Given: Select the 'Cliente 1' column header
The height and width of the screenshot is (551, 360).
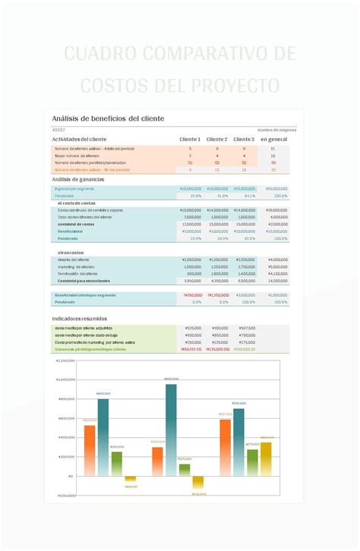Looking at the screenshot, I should [x=189, y=140].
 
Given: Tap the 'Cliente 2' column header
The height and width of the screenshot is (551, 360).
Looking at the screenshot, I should [x=216, y=140].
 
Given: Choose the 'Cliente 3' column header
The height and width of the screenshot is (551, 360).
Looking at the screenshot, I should [x=244, y=140].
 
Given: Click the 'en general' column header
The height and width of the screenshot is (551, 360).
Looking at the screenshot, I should [x=273, y=140].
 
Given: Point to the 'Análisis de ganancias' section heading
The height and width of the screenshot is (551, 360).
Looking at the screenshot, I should [x=78, y=179].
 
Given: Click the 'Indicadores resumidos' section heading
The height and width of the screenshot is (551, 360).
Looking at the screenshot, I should [x=80, y=319].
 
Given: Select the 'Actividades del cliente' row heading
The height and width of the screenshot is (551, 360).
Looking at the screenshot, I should [x=79, y=140].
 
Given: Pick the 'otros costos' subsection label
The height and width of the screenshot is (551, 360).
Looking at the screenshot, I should [x=71, y=252].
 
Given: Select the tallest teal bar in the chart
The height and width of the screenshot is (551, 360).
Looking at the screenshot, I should [x=171, y=430].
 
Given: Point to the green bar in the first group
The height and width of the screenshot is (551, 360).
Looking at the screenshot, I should [x=116, y=464].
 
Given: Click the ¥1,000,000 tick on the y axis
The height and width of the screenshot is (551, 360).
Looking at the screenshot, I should [x=65, y=379].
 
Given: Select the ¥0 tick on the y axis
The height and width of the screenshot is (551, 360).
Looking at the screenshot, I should [x=71, y=476].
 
